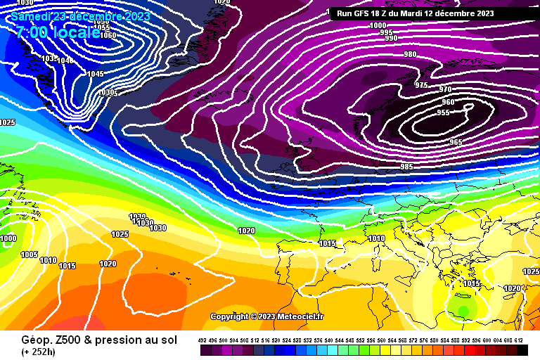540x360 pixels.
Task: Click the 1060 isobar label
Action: pyautogui.click(x=108, y=35)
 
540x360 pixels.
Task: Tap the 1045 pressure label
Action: pyautogui.click(x=96, y=74)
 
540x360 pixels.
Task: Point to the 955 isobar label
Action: pyautogui.click(x=443, y=112)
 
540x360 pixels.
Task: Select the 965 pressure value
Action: pyautogui.click(x=456, y=142)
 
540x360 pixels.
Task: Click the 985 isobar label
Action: pyautogui.click(x=406, y=167)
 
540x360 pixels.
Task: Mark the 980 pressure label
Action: pyautogui.click(x=410, y=54)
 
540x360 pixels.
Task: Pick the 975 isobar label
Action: pyautogui.click(x=421, y=85)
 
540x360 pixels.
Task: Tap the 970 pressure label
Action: pyautogui.click(x=445, y=89)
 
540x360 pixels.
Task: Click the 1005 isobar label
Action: pyautogui.click(x=29, y=255)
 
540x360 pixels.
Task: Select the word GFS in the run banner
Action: pyautogui.click(x=365, y=13)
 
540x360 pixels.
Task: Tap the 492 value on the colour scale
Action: pyautogui.click(x=204, y=340)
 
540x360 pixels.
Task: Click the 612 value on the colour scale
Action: pyautogui.click(x=519, y=340)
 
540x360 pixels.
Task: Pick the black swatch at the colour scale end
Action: pyautogui.click(x=522, y=349)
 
